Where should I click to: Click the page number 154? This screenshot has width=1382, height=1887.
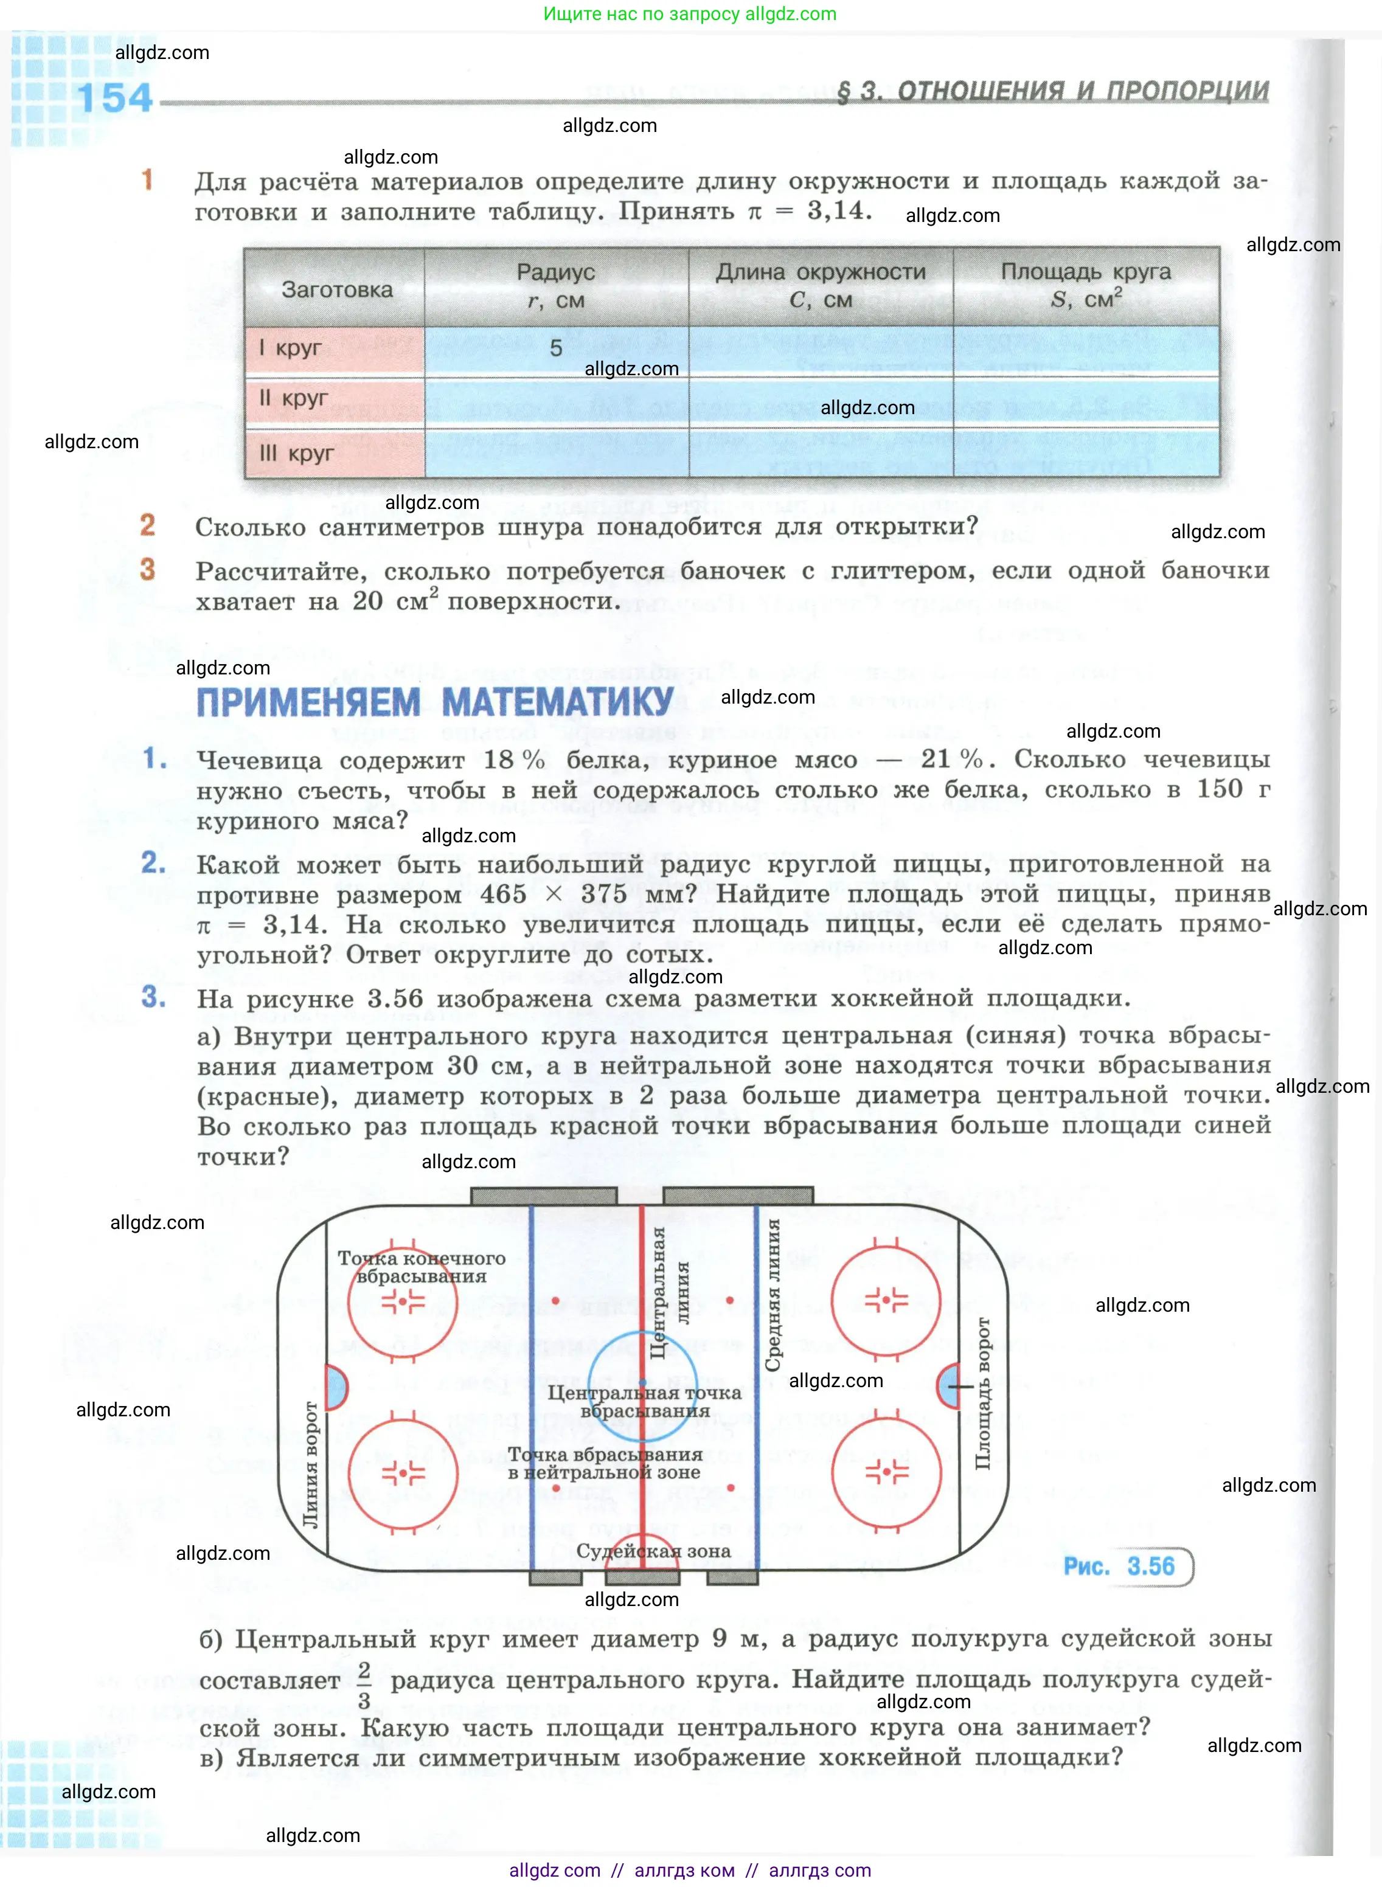click(x=116, y=99)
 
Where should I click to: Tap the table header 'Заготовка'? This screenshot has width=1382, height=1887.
click(x=336, y=289)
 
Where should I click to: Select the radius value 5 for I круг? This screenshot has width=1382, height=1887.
click(x=555, y=348)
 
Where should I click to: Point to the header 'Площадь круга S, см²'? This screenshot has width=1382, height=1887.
click(x=1086, y=285)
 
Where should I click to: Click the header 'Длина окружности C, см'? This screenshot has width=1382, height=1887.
click(x=821, y=285)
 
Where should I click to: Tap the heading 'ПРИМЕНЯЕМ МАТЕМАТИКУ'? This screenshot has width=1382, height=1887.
click(x=435, y=702)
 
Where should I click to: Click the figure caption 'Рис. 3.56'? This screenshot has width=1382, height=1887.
click(x=1119, y=1566)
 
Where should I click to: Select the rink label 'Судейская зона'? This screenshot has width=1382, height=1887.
click(x=653, y=1550)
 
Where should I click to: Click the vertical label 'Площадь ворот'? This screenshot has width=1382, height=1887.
click(x=983, y=1393)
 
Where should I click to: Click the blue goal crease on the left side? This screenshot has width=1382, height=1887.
click(x=335, y=1387)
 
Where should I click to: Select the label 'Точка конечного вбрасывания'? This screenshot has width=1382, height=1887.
click(x=422, y=1266)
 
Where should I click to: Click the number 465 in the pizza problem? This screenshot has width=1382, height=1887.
click(x=503, y=893)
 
